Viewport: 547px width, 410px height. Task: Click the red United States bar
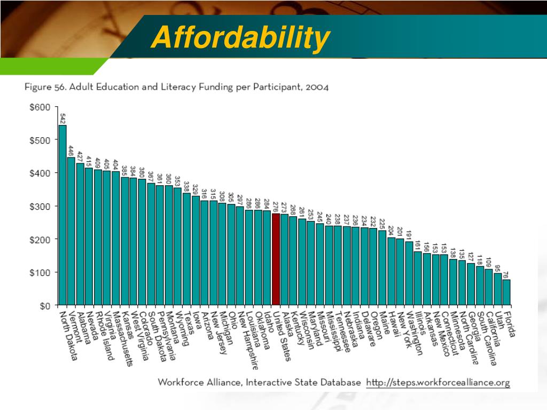(276, 259)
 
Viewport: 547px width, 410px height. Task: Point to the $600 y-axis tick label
(40, 107)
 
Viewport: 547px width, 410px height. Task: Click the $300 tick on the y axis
(40, 206)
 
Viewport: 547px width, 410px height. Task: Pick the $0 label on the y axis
(45, 306)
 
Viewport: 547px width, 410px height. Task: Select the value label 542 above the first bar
(62, 118)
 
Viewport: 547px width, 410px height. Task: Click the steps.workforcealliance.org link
(438, 383)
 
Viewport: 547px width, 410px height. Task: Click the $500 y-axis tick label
(40, 140)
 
